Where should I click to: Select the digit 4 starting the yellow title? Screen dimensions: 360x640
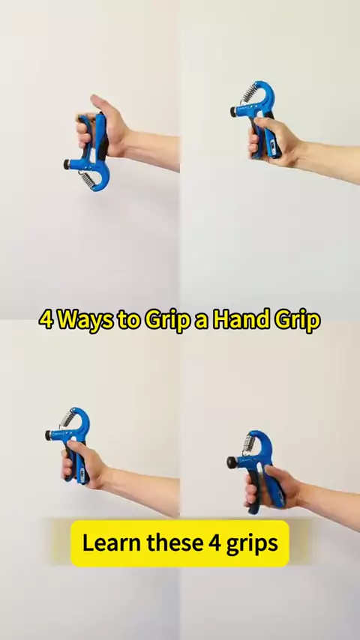click(x=46, y=319)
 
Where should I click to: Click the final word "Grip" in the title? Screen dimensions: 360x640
click(x=297, y=321)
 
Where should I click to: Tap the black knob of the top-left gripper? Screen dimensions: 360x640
click(x=66, y=164)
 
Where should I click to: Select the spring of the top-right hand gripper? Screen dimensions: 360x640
click(x=249, y=93)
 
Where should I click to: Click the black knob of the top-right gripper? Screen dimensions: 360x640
click(x=233, y=112)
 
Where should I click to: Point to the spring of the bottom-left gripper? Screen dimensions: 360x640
click(x=67, y=418)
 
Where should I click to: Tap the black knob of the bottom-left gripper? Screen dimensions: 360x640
click(x=48, y=435)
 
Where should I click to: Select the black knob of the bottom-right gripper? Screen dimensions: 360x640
click(x=232, y=462)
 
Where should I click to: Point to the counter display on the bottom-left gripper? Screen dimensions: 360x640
click(x=83, y=474)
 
